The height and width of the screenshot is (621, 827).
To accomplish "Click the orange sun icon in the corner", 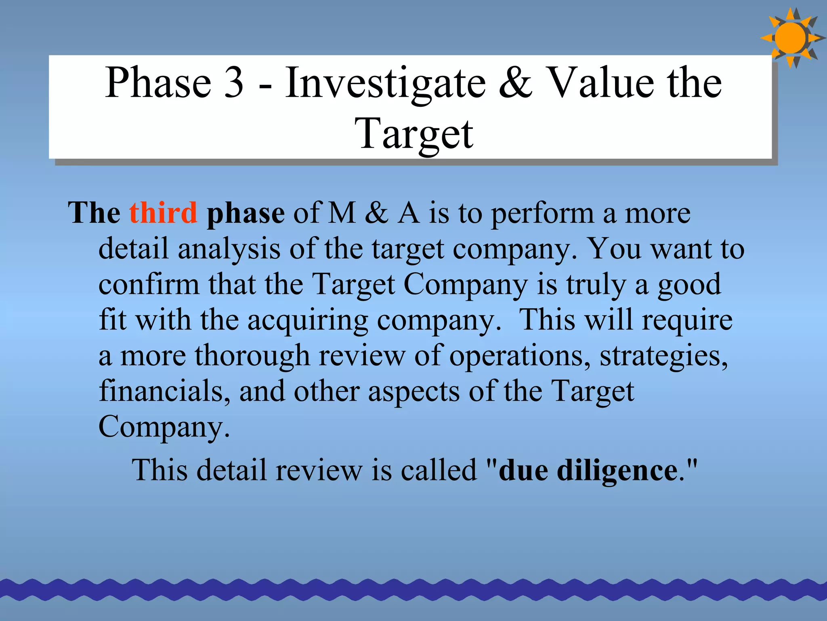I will [x=790, y=38].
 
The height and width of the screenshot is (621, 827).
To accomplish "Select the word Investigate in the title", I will [x=385, y=83].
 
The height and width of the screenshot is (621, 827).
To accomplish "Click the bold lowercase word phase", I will [x=246, y=213].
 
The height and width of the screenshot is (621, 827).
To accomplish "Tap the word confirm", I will [x=149, y=284].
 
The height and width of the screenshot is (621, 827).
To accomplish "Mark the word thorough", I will [x=252, y=356].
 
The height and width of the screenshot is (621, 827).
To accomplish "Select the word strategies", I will [x=663, y=356].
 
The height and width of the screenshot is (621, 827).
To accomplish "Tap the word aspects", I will [x=413, y=391].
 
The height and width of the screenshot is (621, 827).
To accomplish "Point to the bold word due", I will [x=523, y=470].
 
